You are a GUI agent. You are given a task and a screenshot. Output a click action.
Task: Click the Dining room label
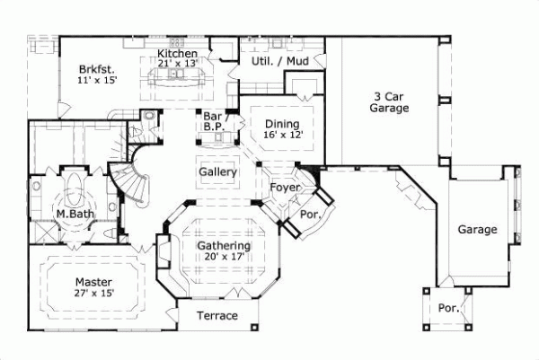(x=281, y=123)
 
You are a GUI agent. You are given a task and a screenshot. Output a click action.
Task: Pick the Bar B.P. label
(x=213, y=122)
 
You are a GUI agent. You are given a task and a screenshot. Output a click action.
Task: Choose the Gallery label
(x=217, y=171)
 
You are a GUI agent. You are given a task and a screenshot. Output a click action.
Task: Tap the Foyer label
(x=285, y=187)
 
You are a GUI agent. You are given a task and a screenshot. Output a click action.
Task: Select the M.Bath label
(x=69, y=215)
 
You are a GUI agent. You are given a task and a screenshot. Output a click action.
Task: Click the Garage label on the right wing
(x=477, y=230)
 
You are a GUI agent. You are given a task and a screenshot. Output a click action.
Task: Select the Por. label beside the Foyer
(x=308, y=215)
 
